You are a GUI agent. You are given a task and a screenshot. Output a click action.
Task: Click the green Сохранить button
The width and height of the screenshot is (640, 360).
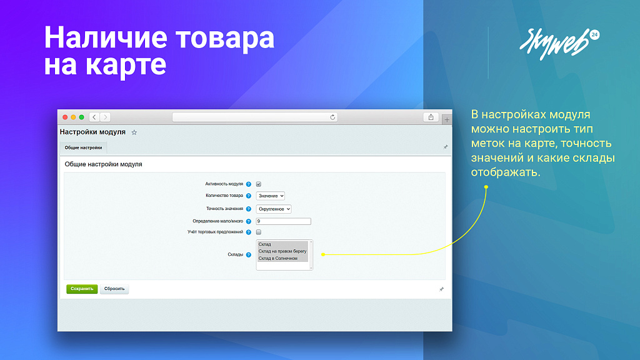[82, 289]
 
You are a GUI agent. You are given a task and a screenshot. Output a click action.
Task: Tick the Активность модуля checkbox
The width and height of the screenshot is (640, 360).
[258, 184]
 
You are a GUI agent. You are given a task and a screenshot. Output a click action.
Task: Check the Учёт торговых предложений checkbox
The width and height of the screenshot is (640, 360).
[258, 232]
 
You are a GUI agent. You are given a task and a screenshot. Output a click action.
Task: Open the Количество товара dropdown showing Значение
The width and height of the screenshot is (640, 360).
[270, 196]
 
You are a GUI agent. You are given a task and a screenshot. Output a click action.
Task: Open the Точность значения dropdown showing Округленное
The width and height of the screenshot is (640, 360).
[273, 209]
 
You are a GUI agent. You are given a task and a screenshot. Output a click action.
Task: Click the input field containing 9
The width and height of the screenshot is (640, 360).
[283, 221]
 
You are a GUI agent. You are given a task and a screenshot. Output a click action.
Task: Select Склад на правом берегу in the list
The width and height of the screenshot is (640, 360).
[282, 251]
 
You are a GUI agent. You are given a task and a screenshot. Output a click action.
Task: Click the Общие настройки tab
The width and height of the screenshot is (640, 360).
[83, 147]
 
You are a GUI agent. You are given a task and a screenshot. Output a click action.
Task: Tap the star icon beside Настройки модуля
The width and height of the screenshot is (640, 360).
[134, 132]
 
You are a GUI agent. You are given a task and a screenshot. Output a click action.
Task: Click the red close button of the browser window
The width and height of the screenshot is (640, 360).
[64, 117]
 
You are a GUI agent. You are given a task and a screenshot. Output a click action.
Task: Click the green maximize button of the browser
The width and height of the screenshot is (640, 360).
[81, 117]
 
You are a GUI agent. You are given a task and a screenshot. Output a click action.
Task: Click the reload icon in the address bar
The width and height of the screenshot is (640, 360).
[332, 117]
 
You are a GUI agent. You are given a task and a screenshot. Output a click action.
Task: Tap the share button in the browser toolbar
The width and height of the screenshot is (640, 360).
[431, 117]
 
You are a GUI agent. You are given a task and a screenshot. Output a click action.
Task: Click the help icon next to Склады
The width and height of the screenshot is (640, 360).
[249, 255]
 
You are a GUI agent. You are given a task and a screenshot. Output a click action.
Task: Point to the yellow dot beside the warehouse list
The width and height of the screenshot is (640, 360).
[323, 254]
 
